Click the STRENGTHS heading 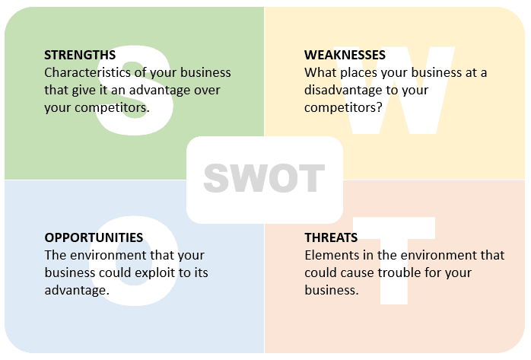tap(80, 55)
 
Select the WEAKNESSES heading tap(345, 55)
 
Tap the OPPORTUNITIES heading tap(94, 237)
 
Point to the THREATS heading tap(332, 237)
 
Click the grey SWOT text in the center tap(264, 179)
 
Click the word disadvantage tap(344, 90)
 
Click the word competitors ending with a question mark tap(343, 107)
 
